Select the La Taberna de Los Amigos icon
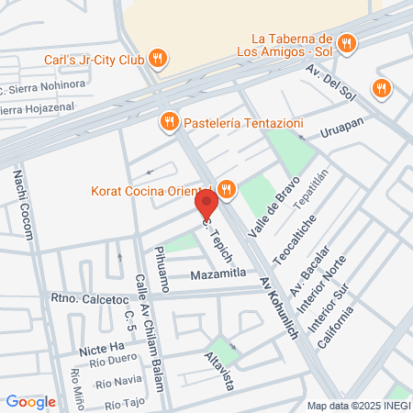(346, 43)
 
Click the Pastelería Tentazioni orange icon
(168, 121)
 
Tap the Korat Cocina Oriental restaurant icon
(227, 191)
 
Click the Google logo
(31, 401)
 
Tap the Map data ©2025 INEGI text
(357, 406)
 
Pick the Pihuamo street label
(162, 269)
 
